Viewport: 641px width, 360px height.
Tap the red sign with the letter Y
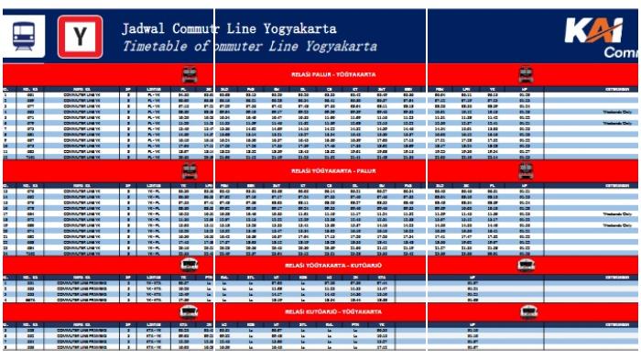click(80, 36)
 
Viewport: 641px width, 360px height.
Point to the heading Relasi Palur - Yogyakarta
click(320, 74)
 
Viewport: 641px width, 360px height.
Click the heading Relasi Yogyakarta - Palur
click(320, 170)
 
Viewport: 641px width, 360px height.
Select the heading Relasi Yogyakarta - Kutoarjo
click(320, 265)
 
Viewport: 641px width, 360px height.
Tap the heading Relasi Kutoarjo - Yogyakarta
click(320, 311)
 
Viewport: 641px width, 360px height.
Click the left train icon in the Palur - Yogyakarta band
click(190, 74)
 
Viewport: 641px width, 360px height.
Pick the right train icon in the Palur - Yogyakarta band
click(526, 74)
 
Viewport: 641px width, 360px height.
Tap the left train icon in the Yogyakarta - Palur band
click(190, 170)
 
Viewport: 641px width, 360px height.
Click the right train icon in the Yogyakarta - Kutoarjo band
click(526, 265)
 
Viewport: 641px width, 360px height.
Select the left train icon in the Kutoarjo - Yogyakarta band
click(190, 311)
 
